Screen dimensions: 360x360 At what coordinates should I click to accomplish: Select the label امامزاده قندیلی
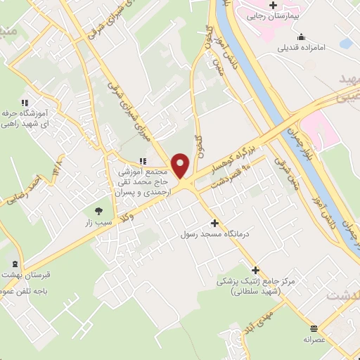pyautogui.click(x=283, y=49)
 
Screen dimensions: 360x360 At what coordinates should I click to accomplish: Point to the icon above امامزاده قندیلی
pyautogui.click(x=302, y=37)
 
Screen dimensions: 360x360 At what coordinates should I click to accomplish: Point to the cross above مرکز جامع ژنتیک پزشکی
pyautogui.click(x=255, y=270)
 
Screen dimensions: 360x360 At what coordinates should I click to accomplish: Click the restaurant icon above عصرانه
pyautogui.click(x=314, y=328)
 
